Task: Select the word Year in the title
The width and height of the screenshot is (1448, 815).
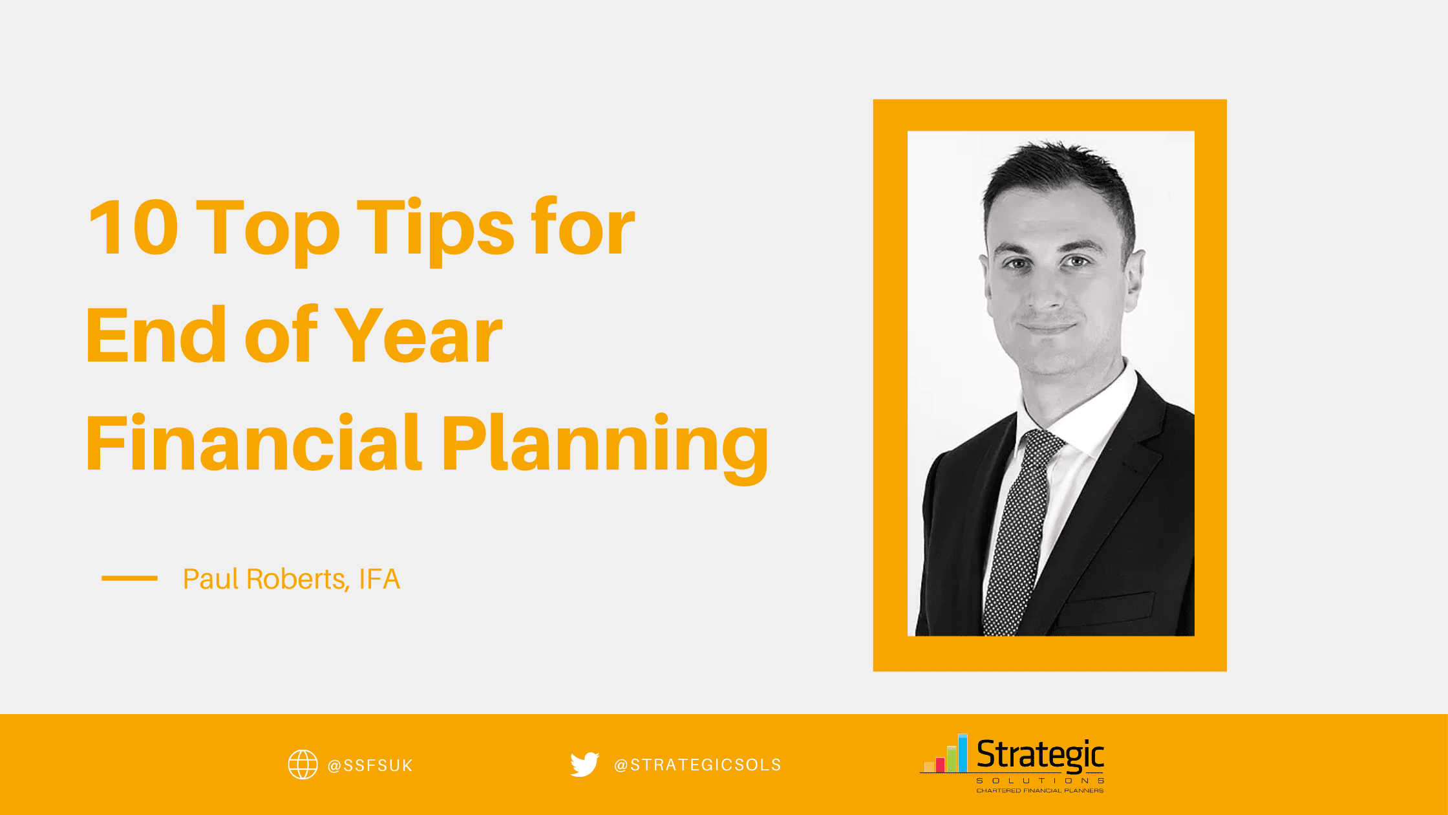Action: pyautogui.click(x=418, y=336)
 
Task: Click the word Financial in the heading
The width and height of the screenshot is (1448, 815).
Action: pyautogui.click(x=253, y=444)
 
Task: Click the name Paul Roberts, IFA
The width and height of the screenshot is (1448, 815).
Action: pyautogui.click(x=291, y=579)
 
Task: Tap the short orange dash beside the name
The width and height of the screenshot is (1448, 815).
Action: pyautogui.click(x=129, y=578)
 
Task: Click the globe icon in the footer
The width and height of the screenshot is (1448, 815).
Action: pyautogui.click(x=303, y=765)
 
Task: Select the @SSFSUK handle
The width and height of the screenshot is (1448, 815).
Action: pyautogui.click(x=370, y=766)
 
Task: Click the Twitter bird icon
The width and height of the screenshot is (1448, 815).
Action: pyautogui.click(x=584, y=764)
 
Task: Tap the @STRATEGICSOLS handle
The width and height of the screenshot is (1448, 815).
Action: pyautogui.click(x=697, y=765)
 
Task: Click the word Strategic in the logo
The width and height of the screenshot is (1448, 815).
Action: pyautogui.click(x=1039, y=754)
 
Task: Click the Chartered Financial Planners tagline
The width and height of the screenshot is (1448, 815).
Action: pyautogui.click(x=1039, y=790)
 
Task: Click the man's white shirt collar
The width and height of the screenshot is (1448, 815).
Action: pyautogui.click(x=1099, y=414)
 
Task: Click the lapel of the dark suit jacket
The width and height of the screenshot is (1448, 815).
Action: pyautogui.click(x=1125, y=466)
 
